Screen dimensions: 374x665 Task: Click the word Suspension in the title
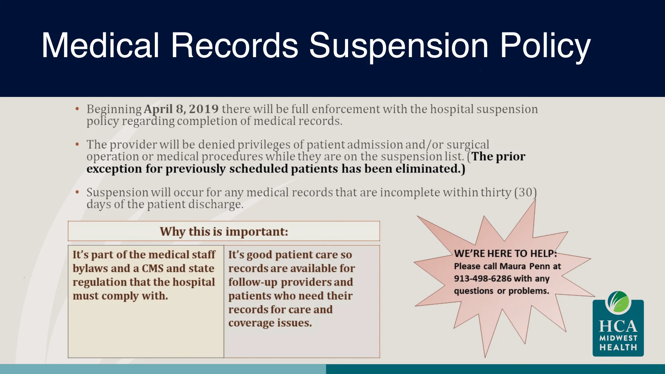pos(398,46)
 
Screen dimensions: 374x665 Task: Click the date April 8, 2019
pos(181,109)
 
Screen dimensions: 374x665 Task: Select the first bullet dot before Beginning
pos(77,109)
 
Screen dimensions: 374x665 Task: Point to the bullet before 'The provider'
pos(77,144)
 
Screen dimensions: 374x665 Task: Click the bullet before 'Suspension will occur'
pos(77,192)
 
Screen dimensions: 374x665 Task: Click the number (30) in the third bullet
pos(525,192)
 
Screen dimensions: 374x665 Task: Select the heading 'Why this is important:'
pos(224,231)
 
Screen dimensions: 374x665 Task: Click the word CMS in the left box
pos(152,268)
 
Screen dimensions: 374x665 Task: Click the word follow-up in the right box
pos(252,282)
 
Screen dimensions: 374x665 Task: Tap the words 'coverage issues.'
pos(270,323)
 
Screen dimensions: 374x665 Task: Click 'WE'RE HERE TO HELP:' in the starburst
pos(505,253)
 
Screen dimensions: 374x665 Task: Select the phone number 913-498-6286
pos(482,279)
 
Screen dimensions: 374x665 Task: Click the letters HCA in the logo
pos(618,326)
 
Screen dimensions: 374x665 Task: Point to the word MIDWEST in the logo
pos(618,338)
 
